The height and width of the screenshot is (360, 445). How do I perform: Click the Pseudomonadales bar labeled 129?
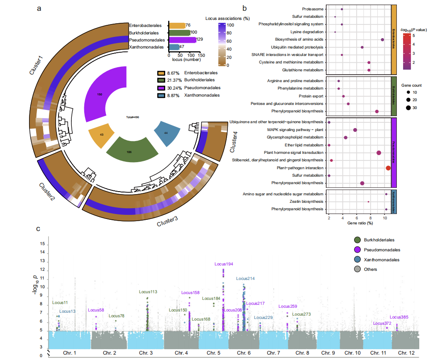pos(182,40)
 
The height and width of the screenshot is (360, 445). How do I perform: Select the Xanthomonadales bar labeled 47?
pos(174,47)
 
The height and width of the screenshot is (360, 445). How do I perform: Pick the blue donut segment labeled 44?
pos(167,132)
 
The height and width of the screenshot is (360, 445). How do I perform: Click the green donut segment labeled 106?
pos(130,151)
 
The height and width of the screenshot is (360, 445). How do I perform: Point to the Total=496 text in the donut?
pos(133,117)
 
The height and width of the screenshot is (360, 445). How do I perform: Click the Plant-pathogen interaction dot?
pos(388,168)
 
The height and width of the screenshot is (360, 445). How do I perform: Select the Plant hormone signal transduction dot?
pos(379,153)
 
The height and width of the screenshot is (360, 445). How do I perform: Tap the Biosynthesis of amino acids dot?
pos(382,39)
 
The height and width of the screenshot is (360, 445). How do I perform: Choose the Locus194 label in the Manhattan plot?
pos(224,264)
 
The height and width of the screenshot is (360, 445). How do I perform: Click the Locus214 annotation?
pos(245,278)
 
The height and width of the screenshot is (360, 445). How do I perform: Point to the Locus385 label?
pos(399,317)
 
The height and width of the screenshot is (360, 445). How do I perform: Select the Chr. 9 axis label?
pos(328,353)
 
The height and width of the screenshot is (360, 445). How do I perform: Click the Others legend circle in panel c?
pos(357,269)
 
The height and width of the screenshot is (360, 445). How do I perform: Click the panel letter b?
pos(245,8)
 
